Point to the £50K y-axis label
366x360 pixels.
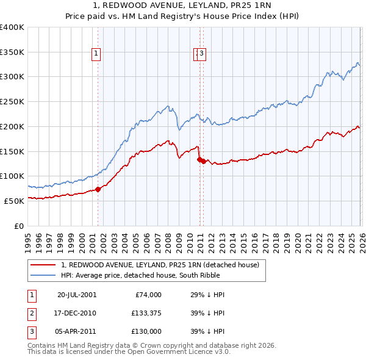(x=14, y=201)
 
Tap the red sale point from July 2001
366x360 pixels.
(x=98, y=189)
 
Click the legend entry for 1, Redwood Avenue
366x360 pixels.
(x=160, y=265)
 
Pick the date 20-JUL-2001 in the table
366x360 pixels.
(x=77, y=294)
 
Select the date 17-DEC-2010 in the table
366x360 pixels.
(x=77, y=312)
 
